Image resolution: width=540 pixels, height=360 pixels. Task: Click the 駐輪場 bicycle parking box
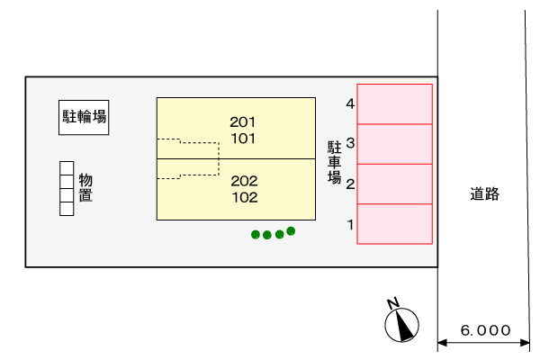point(84,118)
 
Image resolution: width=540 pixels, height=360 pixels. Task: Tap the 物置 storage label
point(85,187)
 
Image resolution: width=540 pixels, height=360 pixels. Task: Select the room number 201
point(243,122)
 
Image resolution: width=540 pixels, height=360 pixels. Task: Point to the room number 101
point(243,139)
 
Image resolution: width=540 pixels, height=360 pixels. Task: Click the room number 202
point(244,181)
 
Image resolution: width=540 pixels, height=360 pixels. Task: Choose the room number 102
point(245,197)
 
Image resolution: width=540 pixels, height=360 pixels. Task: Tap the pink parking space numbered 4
point(395,104)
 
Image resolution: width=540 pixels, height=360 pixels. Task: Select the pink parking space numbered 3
point(395,144)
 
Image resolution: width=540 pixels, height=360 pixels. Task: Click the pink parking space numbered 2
point(395,184)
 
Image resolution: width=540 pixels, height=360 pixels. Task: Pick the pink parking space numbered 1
point(395,224)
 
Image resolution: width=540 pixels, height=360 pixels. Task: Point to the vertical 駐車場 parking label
point(334,162)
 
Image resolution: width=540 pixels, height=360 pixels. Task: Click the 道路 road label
point(484,194)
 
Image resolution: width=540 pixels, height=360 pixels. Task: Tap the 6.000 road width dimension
point(485,330)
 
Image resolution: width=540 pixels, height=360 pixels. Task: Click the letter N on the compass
point(393,303)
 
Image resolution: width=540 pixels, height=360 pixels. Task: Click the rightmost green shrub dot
point(291,230)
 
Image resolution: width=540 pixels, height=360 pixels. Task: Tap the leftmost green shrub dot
point(256,235)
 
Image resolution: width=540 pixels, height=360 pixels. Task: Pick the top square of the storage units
point(67,168)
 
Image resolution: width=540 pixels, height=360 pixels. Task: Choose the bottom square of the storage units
point(67,209)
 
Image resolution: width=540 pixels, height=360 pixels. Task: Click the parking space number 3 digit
point(350,142)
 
